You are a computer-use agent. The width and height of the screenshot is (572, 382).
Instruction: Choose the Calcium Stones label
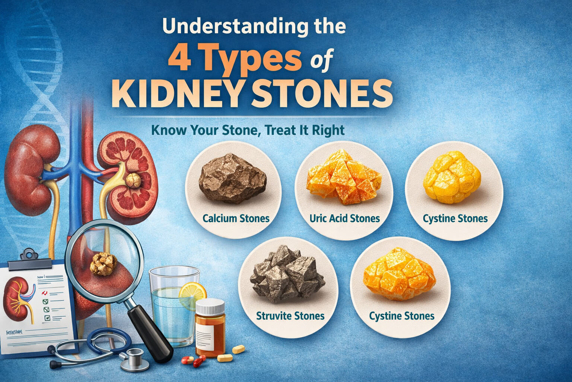click(236, 218)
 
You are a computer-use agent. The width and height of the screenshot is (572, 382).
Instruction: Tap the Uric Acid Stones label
click(344, 218)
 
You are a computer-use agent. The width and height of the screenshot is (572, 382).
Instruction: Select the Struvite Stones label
click(290, 316)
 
